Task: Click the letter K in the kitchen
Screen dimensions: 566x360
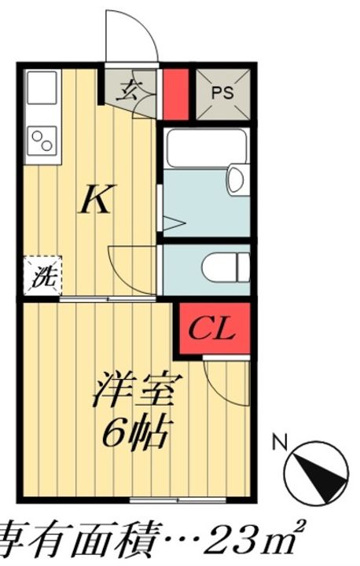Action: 95,201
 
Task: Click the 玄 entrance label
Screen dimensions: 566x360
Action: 128,90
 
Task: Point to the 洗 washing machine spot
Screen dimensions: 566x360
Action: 39,277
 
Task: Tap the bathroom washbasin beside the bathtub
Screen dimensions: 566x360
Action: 236,179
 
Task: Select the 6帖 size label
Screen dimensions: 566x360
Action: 137,431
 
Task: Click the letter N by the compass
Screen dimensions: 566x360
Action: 277,443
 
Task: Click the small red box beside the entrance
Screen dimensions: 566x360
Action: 175,94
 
